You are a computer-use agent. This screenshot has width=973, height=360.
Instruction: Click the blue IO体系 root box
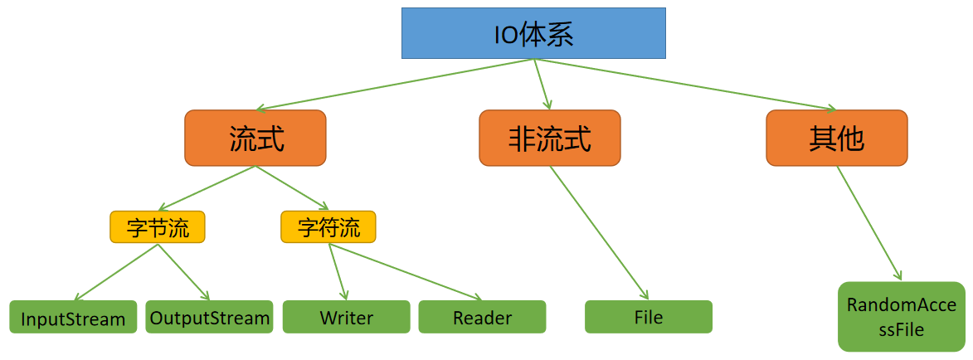(533, 33)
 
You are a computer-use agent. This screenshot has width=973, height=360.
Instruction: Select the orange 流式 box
(255, 138)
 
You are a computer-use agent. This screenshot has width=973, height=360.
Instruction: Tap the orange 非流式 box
(549, 138)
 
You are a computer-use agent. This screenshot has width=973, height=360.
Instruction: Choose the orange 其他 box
(836, 138)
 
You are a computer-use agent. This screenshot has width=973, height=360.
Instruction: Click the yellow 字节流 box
(157, 227)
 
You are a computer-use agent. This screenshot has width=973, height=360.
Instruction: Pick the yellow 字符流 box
(328, 227)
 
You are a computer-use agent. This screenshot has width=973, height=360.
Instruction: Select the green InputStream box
(73, 318)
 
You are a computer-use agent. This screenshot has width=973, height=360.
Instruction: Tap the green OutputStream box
(209, 318)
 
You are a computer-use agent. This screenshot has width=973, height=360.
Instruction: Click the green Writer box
(347, 318)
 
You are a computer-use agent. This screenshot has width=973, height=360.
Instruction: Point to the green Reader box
(482, 318)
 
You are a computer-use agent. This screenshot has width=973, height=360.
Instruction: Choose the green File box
(648, 318)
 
